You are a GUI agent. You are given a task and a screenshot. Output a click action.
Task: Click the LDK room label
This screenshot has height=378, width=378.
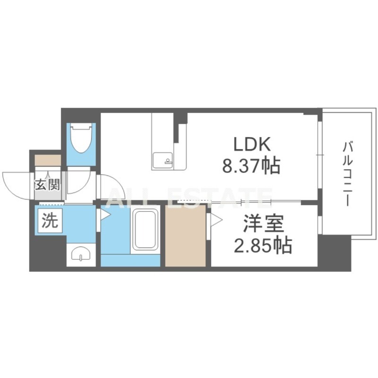click(251, 144)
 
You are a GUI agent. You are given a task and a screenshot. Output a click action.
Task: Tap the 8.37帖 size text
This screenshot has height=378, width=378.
click(251, 166)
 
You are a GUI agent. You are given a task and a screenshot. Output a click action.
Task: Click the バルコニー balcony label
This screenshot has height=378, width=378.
click(348, 174)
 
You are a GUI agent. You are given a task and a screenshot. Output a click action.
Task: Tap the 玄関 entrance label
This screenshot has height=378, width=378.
click(47, 185)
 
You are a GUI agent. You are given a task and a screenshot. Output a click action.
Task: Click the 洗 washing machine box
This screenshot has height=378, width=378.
click(50, 221)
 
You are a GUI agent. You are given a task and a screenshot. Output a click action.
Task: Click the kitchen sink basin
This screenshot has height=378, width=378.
click(162, 161)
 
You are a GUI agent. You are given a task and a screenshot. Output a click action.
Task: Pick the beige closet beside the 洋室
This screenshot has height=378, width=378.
click(185, 235)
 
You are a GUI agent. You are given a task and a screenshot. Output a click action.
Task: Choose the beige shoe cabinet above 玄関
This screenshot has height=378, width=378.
click(48, 160)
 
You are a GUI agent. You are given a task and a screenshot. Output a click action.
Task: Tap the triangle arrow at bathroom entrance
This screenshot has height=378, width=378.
click(105, 215)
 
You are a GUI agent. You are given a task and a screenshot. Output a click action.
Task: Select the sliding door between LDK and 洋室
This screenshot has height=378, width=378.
click(239, 202)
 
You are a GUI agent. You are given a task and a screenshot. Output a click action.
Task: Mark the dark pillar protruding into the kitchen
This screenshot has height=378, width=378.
click(180, 127)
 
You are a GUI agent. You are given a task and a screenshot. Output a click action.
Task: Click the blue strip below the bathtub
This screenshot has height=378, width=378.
click(130, 260)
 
